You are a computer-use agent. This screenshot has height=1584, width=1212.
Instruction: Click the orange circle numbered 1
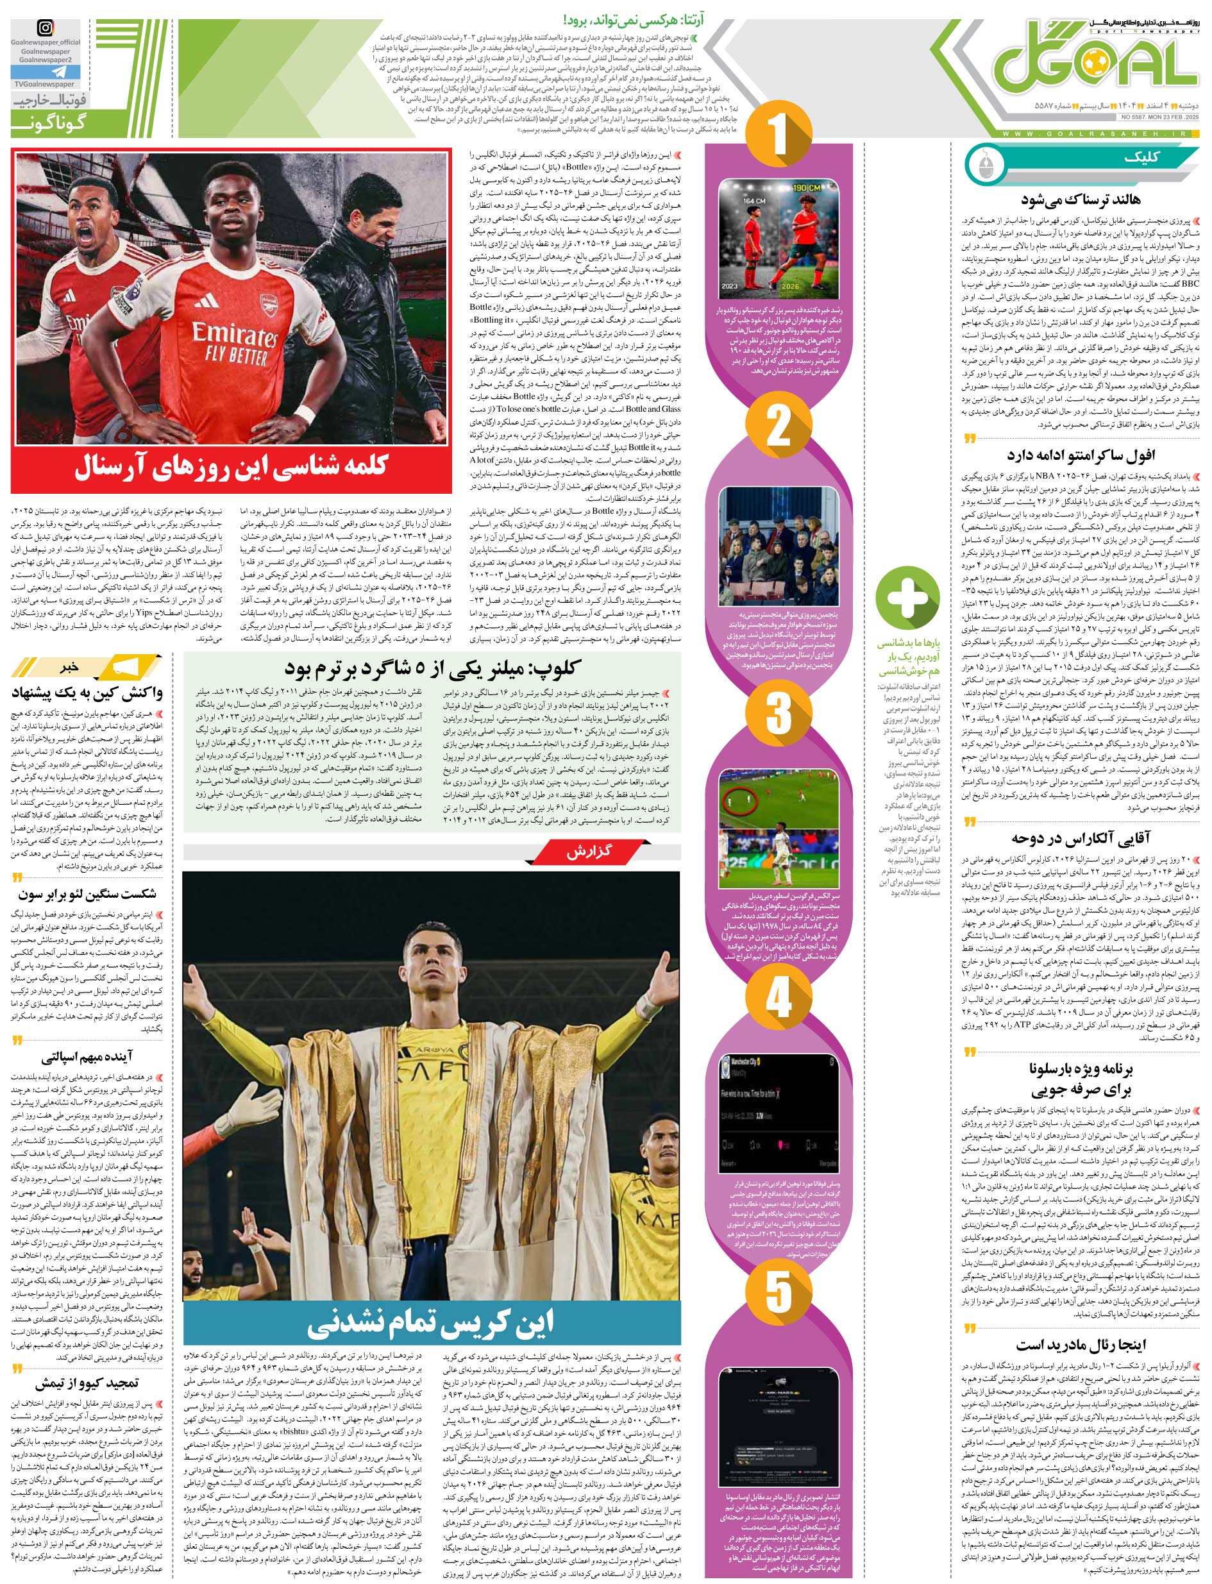778,135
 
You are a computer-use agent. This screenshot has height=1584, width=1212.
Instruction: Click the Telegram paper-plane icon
45,71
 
